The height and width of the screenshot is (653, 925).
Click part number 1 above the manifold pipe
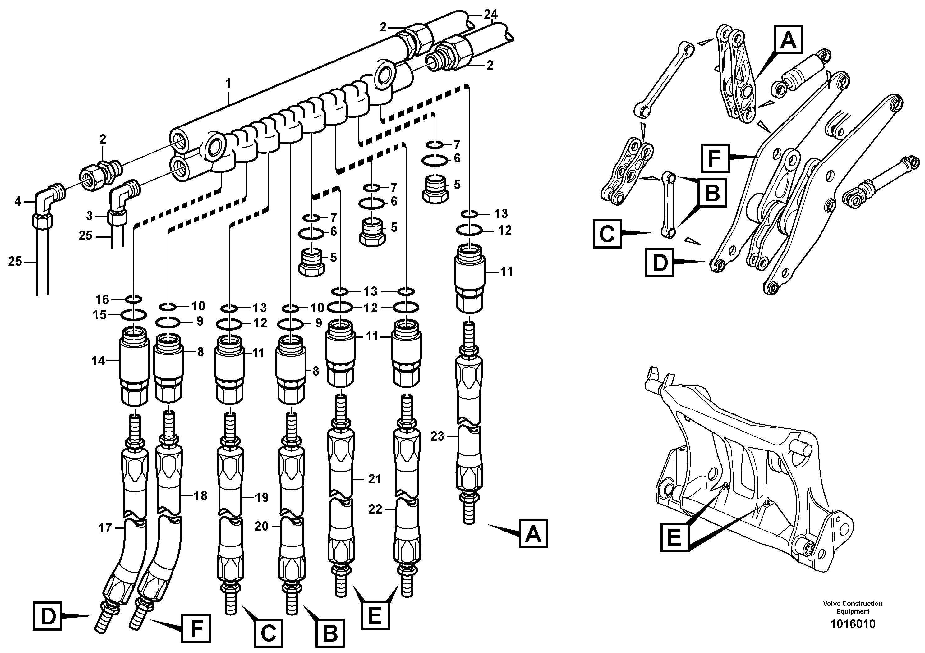point(228,84)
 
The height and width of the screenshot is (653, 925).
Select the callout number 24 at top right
point(491,15)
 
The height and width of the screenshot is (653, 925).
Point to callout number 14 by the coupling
point(98,361)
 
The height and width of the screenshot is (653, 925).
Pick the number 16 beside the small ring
point(102,299)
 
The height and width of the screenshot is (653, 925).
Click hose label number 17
point(105,528)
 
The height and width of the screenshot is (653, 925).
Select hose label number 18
point(200,495)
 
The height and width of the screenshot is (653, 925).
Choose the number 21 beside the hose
point(375,479)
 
